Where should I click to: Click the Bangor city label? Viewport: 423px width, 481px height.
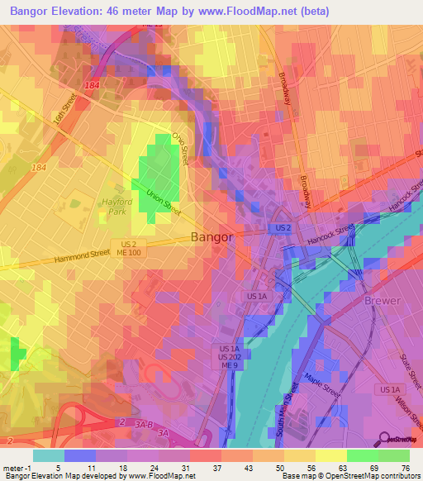pos(212,236)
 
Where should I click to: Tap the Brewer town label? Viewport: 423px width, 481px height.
pos(382,301)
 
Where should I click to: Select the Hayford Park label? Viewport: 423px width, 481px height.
pos(116,207)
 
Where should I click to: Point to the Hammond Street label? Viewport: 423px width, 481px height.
pos(83,257)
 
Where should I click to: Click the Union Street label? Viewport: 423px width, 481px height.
pos(164,197)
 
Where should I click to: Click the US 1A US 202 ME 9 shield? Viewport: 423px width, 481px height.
pos(229,356)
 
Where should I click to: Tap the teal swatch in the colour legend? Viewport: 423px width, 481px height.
pos(49,455)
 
